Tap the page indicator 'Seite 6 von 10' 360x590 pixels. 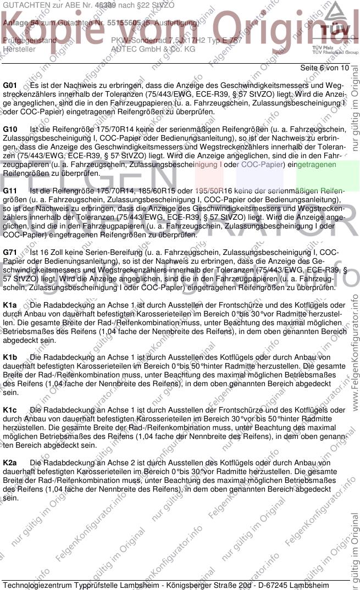click(325, 68)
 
